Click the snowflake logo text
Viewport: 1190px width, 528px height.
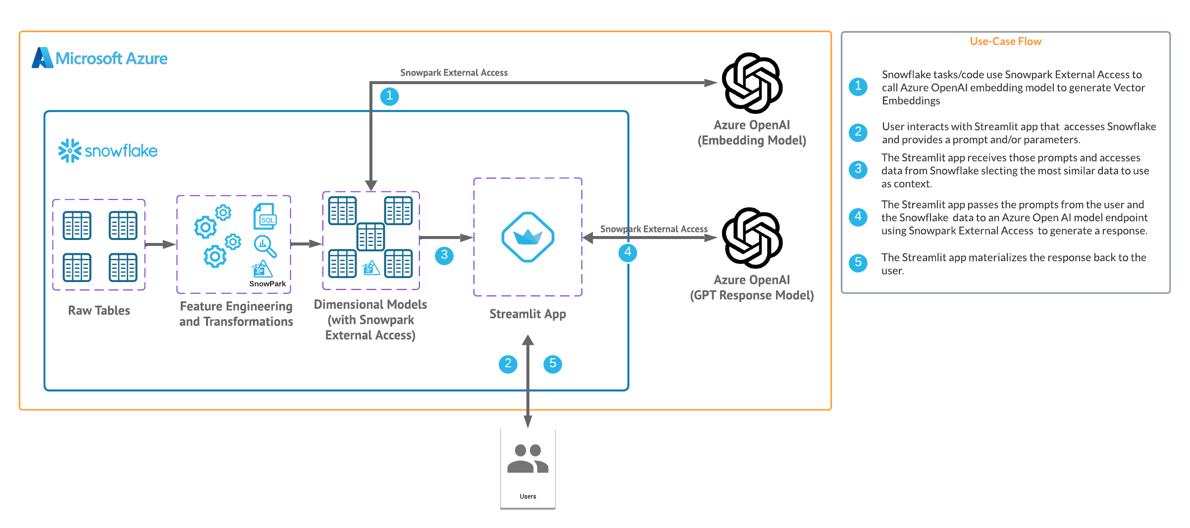coord(121,151)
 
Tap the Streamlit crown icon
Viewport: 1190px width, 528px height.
coord(527,237)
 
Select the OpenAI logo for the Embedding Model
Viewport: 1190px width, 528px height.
coord(752,83)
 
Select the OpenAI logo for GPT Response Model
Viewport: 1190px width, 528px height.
coord(752,238)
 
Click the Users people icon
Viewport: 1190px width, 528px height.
coord(527,459)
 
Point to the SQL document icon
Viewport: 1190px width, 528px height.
coord(265,216)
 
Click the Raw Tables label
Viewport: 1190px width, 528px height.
coord(99,310)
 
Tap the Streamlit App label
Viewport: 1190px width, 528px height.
coord(527,314)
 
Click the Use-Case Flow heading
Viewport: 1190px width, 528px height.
coord(1005,42)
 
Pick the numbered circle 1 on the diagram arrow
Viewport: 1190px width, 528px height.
coord(390,96)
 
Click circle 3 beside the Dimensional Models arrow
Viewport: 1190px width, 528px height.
coord(444,255)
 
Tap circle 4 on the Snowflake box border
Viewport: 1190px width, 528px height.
coord(627,252)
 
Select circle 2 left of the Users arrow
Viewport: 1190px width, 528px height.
coord(508,364)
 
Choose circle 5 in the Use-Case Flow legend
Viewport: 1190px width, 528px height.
coord(858,262)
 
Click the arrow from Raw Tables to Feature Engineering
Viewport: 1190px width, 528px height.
coord(160,244)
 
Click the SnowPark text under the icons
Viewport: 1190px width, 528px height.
coord(267,284)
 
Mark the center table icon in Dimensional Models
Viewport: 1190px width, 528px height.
coord(370,236)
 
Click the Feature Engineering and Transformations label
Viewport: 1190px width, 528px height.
coord(236,314)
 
